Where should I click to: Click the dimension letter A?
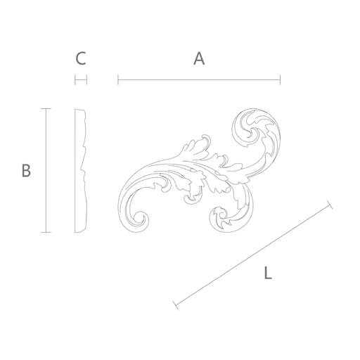point(199,58)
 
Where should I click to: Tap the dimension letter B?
point(26,170)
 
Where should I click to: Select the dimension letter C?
point(81,58)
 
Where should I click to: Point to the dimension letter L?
point(268,273)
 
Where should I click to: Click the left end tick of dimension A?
point(118,79)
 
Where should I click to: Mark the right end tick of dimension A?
point(280,79)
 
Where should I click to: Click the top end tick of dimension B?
point(46,108)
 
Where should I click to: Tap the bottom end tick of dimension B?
point(46,232)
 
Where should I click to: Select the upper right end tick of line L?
point(330,205)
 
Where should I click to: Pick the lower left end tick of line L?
point(176,305)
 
